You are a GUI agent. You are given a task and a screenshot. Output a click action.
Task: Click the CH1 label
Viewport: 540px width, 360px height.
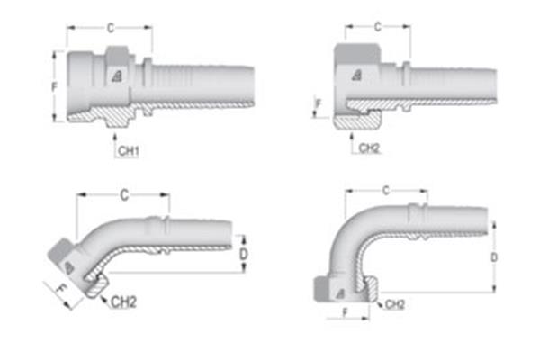[128, 150]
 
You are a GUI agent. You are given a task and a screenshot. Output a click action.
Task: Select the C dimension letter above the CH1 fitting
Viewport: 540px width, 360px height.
[109, 29]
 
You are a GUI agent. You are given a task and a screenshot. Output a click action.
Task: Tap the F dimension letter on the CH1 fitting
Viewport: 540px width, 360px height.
[55, 87]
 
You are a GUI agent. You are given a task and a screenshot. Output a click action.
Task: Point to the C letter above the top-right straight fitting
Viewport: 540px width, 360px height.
[377, 27]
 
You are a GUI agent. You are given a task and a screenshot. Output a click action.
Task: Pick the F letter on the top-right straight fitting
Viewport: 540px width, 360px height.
[317, 106]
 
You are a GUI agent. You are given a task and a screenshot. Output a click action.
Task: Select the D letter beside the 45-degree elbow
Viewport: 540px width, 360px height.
[245, 254]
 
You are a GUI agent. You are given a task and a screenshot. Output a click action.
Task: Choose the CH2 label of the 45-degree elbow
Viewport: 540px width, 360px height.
[123, 303]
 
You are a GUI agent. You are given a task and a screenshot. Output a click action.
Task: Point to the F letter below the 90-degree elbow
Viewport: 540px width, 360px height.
[345, 315]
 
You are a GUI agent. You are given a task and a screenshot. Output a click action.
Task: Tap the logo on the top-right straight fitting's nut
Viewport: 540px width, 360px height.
[357, 76]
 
